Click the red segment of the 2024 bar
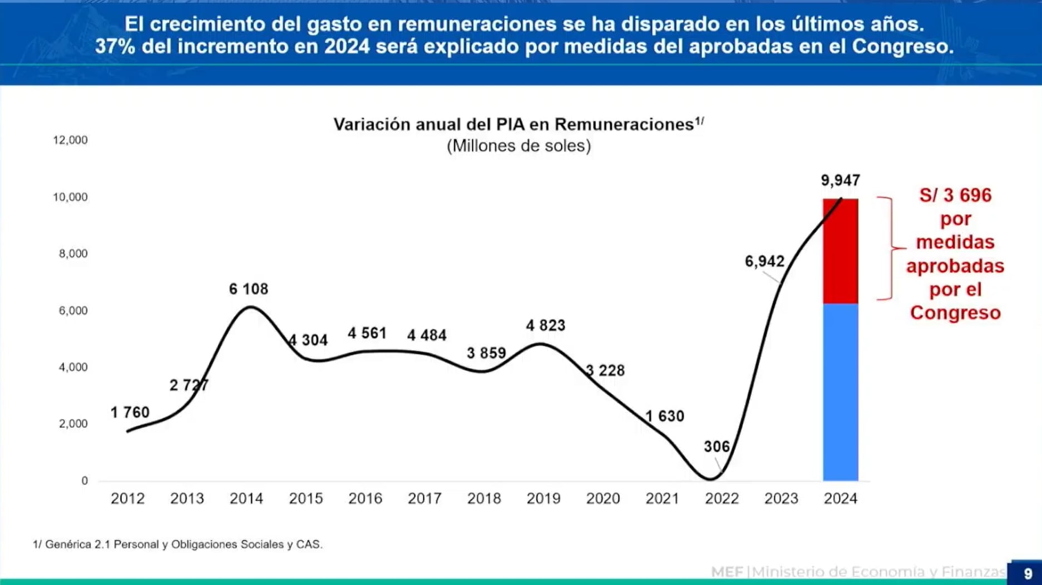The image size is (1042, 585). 840,250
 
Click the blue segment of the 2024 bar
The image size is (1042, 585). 840,392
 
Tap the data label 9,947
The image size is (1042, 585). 840,180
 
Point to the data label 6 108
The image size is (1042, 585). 248,289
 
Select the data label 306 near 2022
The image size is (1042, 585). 716,447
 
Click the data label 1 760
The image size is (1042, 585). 130,413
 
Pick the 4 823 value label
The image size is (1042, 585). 545,325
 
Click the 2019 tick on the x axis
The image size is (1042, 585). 543,498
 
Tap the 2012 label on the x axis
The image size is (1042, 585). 127,498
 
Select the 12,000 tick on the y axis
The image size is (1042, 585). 70,140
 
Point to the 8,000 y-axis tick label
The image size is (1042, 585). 73,254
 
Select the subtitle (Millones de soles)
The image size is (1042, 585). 518,146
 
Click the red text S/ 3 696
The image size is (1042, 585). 955,195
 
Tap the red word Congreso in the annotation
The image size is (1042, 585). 955,313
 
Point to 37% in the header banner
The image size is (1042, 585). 115,47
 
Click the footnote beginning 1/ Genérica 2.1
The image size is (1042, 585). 177,544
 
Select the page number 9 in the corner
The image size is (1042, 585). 1028,573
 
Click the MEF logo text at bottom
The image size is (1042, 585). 727,572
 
